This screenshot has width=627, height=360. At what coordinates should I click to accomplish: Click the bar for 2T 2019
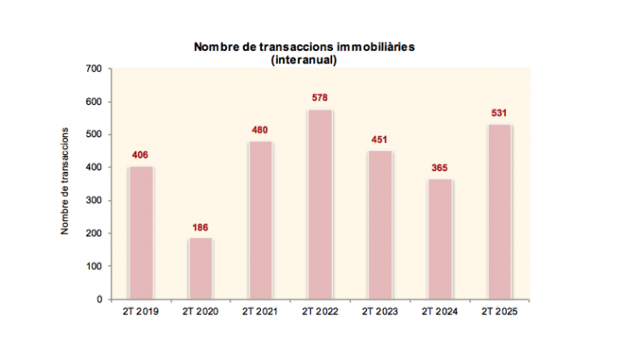[141, 233]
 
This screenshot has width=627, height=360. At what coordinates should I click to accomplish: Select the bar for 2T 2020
[200, 269]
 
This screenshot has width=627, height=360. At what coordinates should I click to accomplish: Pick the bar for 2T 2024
[439, 239]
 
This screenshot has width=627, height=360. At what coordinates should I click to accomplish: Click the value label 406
[141, 155]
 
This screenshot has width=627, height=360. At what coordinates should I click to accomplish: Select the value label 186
[200, 227]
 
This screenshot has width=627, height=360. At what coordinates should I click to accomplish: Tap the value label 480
[260, 130]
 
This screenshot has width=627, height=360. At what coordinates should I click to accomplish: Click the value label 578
[319, 98]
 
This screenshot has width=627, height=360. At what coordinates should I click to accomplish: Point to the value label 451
[379, 140]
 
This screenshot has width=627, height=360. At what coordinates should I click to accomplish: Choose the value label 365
[439, 168]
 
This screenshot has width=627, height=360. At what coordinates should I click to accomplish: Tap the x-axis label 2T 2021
[260, 312]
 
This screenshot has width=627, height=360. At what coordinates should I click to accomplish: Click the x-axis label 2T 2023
[379, 312]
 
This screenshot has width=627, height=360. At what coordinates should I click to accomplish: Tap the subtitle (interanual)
[304, 60]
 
